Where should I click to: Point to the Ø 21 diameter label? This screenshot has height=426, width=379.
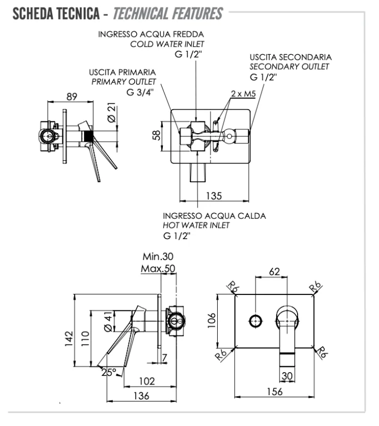click(112, 113)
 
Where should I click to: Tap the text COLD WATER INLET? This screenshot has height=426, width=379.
click(167, 44)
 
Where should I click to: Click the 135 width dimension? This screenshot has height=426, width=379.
click(213, 196)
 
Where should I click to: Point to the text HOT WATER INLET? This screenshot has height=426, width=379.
click(196, 225)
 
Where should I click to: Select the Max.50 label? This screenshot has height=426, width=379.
click(158, 269)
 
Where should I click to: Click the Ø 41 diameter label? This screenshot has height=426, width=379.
click(109, 320)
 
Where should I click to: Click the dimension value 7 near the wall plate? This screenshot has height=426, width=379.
click(164, 357)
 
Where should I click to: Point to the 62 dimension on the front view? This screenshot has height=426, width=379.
click(274, 272)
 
